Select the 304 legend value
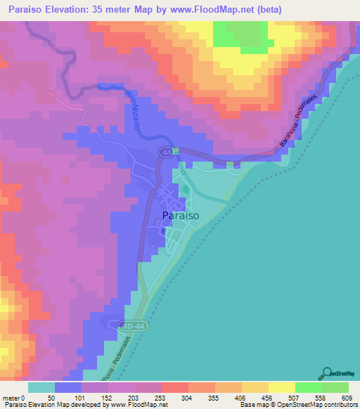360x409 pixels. tap(175, 397)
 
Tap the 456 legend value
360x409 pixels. tap(256, 397)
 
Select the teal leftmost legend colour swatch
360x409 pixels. tap(41, 387)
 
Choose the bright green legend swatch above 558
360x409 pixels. tap(308, 387)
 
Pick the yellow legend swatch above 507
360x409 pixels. tap(281, 387)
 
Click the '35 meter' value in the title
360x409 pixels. tap(128, 9)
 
